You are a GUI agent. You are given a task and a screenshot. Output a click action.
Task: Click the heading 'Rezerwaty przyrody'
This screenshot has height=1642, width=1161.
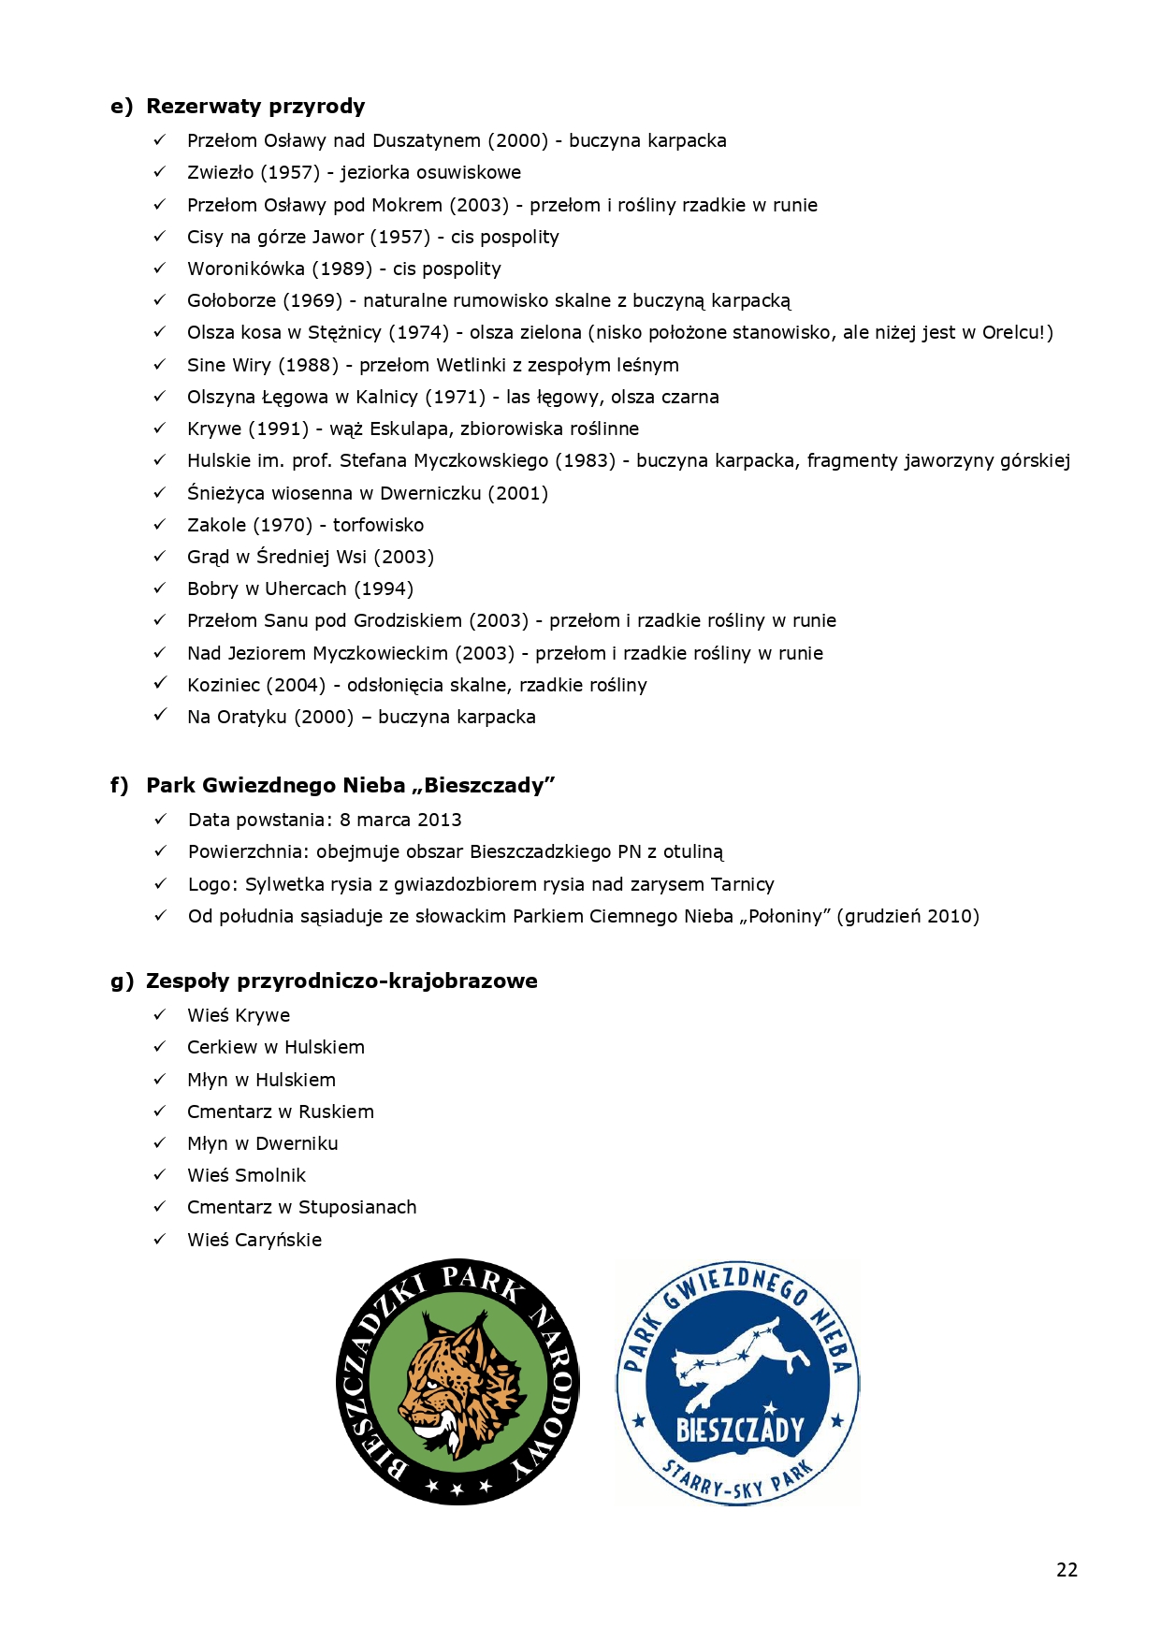255,106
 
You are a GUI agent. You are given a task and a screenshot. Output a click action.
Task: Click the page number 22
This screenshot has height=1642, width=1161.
1067,1570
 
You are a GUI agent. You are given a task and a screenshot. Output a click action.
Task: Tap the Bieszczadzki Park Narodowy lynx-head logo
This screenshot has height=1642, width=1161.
457,1381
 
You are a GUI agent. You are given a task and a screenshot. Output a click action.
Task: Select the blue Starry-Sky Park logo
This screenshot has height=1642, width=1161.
737,1382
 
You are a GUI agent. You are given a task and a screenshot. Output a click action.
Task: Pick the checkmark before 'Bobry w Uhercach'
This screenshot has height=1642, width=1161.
160,589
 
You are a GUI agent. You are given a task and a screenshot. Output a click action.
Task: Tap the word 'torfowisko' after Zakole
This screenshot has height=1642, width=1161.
378,525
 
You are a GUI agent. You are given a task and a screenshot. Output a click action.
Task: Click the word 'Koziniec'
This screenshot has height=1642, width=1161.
223,685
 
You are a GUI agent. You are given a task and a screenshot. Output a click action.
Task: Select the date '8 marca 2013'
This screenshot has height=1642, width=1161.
400,820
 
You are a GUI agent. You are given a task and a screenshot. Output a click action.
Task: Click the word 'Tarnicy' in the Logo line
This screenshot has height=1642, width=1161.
742,884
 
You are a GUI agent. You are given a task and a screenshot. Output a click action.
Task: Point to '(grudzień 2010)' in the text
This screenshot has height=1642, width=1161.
908,916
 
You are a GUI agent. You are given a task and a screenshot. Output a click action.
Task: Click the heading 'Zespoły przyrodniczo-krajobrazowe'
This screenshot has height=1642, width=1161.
341,981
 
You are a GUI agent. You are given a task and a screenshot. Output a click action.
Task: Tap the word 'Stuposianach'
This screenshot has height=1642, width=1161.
357,1207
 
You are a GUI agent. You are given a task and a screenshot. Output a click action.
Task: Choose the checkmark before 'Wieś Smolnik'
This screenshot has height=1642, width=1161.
160,1175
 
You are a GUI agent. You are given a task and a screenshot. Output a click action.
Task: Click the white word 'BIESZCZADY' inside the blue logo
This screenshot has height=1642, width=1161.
739,1430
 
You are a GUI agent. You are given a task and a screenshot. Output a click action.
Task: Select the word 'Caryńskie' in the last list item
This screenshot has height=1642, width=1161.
278,1240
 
